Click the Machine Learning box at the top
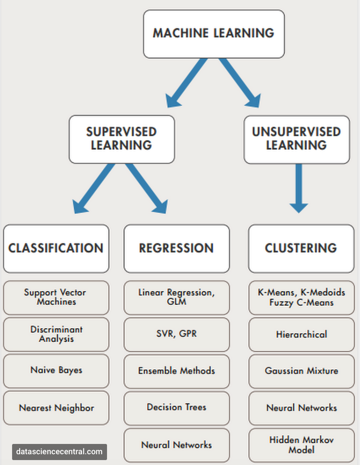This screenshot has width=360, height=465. coord(214,34)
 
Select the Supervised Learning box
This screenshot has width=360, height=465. coord(121,139)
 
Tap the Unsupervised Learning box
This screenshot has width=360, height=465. coord(296,139)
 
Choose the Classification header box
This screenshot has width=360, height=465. coord(56,248)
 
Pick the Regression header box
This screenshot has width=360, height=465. coord(176,248)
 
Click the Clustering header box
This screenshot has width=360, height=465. coord(301,248)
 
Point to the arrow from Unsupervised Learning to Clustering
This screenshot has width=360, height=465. coord(299,188)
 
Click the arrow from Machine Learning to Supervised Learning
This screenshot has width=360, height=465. coord(186,83)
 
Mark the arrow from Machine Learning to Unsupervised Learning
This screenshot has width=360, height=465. coord(240,83)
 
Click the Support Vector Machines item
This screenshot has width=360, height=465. coord(56,297)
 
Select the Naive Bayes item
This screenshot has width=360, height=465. coord(56,370)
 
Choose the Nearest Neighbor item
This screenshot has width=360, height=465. coord(56,408)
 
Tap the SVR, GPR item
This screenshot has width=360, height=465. coord(176,334)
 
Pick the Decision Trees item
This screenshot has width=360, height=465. coord(176,408)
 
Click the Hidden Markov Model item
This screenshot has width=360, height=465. coord(301,445)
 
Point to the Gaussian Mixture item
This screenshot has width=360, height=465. coord(301,371)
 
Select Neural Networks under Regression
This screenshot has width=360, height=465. coord(176,445)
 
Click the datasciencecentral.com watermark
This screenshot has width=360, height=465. coord(59,452)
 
